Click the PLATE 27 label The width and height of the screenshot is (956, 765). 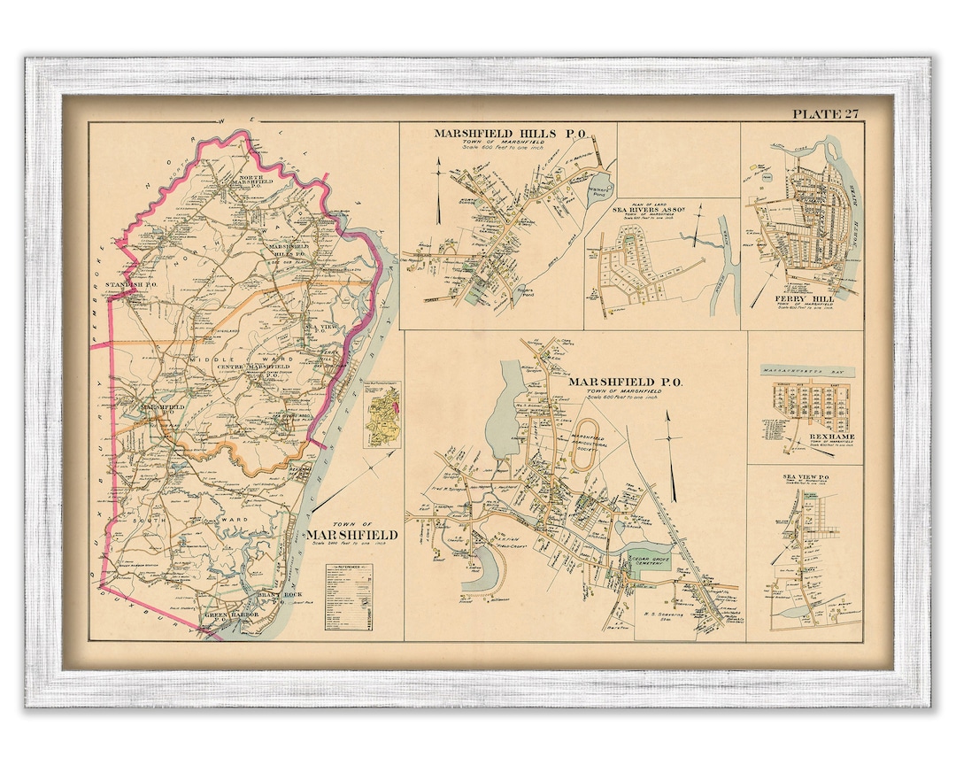tap(825, 113)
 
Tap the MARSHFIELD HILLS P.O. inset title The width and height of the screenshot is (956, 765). tap(513, 133)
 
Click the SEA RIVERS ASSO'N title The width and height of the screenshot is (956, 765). tap(650, 212)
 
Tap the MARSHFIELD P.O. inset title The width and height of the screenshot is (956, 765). tap(625, 382)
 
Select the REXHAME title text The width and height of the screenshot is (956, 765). tap(803, 438)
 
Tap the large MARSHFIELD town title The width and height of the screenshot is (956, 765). tap(352, 536)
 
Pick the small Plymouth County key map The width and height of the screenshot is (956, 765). tap(382, 413)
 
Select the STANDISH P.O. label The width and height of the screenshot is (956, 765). tap(129, 284)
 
